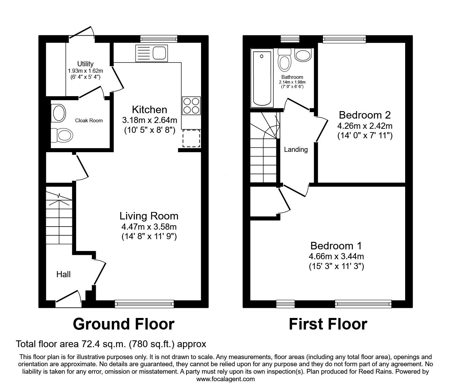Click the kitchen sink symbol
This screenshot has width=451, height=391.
click(x=151, y=53)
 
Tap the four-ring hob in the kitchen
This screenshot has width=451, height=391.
click(x=192, y=106)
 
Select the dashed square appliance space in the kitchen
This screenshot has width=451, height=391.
click(x=191, y=138)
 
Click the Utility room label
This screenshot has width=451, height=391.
click(x=85, y=64)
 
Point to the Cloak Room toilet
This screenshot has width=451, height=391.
click(x=62, y=135)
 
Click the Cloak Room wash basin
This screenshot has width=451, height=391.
click(x=58, y=113)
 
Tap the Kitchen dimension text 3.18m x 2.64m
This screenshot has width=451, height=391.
click(x=149, y=120)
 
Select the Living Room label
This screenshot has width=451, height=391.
click(x=149, y=216)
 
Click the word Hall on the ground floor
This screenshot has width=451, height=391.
click(x=63, y=274)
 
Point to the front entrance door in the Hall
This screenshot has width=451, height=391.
click(x=68, y=299)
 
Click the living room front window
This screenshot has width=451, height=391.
click(x=144, y=304)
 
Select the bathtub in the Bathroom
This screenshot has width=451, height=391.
click(x=262, y=78)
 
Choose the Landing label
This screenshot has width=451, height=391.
click(x=296, y=149)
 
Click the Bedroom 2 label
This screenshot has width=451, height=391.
click(x=365, y=115)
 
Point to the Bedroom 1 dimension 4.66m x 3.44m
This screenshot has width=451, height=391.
click(x=336, y=256)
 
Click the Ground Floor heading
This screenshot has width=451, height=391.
click(x=124, y=324)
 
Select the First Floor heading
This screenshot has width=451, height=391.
click(x=328, y=324)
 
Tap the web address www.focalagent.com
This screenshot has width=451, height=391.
click(x=225, y=379)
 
